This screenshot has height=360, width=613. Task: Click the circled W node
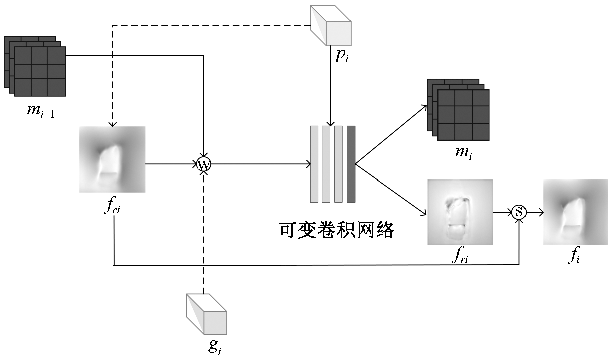click(204, 164)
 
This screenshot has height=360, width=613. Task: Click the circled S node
click(519, 212)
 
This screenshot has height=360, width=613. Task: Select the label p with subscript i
click(341, 55)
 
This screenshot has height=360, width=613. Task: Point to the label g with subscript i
click(215, 346)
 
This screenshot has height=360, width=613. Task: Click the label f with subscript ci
click(111, 207)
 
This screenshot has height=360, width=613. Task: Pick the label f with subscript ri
click(460, 256)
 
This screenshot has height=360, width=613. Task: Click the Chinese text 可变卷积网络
click(336, 230)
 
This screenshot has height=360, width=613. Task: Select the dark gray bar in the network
click(351, 164)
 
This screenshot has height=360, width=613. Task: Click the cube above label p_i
click(331, 25)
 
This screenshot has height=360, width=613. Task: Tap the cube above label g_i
click(206, 314)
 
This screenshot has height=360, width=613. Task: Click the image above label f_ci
click(113, 159)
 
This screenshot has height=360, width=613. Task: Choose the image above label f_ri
click(460, 212)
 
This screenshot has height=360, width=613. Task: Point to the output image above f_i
click(575, 212)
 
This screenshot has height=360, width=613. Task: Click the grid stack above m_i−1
click(35, 66)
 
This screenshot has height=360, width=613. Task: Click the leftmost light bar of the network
click(314, 164)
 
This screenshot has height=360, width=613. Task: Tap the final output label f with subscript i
click(574, 256)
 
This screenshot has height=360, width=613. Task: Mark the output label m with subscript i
click(463, 151)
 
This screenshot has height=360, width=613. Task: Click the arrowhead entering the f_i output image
click(541, 212)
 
